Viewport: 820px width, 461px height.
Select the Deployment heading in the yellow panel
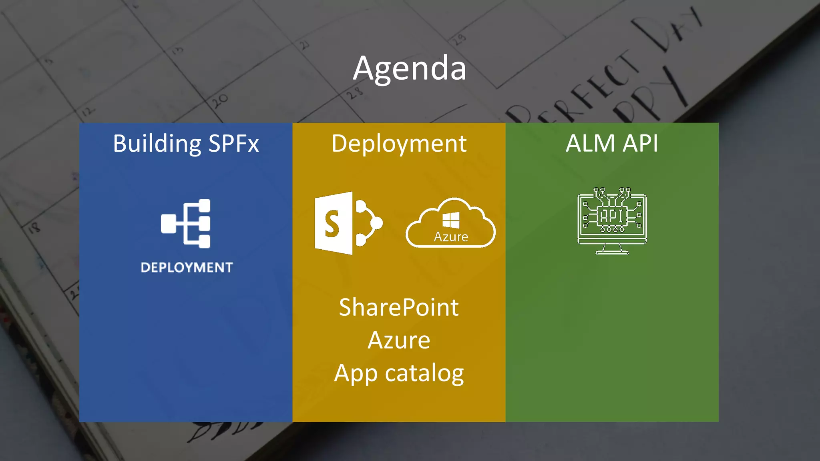pos(399,144)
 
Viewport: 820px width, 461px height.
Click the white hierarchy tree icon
pos(186,223)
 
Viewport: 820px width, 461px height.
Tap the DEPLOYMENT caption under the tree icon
pos(187,267)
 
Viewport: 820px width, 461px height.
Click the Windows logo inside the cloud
pos(451,220)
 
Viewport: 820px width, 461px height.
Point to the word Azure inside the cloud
pos(451,237)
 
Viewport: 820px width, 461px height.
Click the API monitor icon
pos(612,220)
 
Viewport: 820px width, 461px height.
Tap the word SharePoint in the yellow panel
pos(399,307)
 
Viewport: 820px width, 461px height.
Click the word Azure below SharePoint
pos(399,340)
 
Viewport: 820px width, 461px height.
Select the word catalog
pos(424,374)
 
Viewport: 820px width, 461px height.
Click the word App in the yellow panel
pos(356,374)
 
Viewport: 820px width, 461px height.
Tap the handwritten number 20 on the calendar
pos(220,101)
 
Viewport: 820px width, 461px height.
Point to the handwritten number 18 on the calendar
pos(34,228)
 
